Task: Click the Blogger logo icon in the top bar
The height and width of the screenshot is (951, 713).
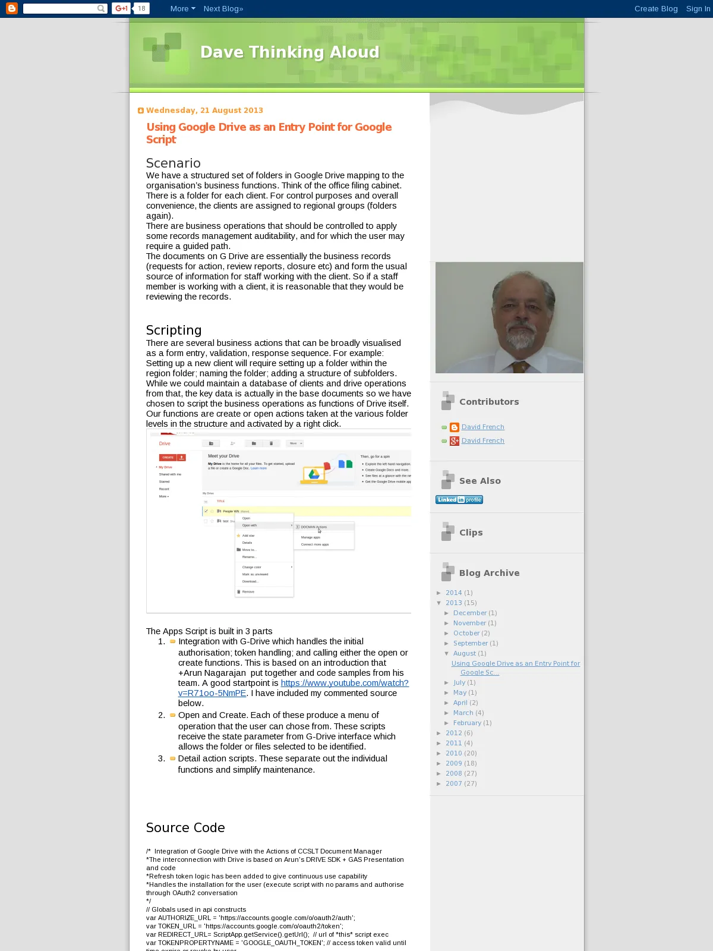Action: pos(12,8)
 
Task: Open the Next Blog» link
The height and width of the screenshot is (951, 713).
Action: pos(223,9)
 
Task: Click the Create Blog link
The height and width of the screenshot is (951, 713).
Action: pos(655,9)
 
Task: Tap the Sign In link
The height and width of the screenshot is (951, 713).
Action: pos(698,9)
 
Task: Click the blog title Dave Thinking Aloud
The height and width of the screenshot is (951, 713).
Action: pos(289,52)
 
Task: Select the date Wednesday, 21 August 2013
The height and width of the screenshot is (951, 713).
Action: pos(204,111)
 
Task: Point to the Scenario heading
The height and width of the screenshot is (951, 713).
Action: pos(173,163)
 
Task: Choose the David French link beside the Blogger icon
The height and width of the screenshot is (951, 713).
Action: pos(482,427)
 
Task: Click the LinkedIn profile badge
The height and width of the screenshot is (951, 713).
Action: pos(459,500)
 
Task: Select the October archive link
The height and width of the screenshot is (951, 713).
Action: pos(466,634)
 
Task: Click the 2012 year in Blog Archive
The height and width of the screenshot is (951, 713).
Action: pos(453,733)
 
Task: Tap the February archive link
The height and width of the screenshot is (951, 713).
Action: pos(467,723)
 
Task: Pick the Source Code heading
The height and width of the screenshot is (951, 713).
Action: pos(185,828)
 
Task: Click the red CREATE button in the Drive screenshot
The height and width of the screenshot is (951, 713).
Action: pos(168,458)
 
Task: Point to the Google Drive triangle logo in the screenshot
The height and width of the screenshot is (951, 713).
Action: pos(314,474)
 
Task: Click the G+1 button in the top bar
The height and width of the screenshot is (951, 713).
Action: pos(121,9)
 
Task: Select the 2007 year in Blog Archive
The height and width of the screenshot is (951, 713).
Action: pos(453,784)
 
